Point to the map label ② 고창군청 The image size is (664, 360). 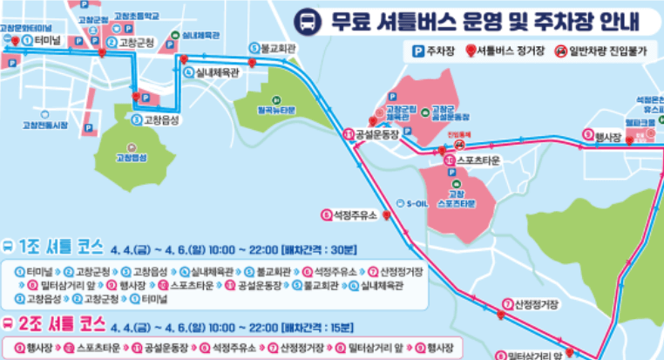[x=134, y=42]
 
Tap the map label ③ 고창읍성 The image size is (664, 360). [x=156, y=120]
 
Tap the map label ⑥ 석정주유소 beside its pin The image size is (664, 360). [x=348, y=214]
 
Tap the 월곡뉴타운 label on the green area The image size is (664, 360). [x=276, y=111]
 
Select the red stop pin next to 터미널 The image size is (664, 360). [x=10, y=40]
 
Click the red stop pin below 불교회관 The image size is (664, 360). [x=253, y=63]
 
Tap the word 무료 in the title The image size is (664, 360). [x=350, y=20]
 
